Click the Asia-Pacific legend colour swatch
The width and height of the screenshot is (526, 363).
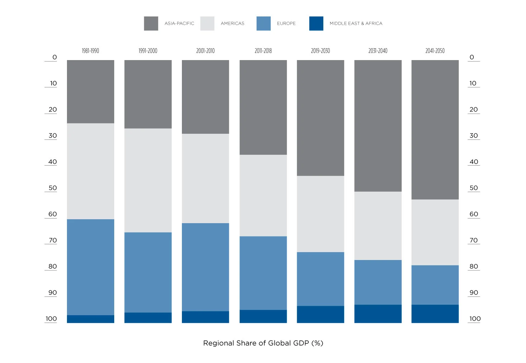[x=151, y=24]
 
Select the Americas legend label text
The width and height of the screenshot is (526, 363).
[x=232, y=24]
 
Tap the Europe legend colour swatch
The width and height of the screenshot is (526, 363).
[x=264, y=24]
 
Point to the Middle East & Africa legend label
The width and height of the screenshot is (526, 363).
[x=356, y=24]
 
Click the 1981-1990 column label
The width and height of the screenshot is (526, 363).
[x=90, y=51]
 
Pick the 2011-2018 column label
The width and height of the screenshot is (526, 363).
[x=263, y=51]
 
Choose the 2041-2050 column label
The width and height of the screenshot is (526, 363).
[x=435, y=51]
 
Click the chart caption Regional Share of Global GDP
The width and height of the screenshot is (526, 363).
[x=263, y=343]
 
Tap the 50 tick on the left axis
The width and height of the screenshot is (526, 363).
[x=53, y=188]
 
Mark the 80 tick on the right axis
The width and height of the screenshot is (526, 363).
[x=474, y=266]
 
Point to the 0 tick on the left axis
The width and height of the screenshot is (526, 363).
[x=54, y=57]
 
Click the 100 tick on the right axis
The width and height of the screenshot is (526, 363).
[x=475, y=319]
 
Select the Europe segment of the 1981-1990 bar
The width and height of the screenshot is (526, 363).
[x=90, y=267]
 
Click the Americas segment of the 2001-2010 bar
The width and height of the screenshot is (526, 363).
[x=206, y=178]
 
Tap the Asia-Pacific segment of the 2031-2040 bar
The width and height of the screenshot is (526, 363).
[x=378, y=126]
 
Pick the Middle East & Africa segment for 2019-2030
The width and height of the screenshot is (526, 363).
[x=320, y=314]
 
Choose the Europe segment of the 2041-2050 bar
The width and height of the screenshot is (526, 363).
[x=435, y=285]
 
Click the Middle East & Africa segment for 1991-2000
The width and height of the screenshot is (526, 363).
[x=148, y=318]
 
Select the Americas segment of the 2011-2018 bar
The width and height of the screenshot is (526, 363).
[x=263, y=196]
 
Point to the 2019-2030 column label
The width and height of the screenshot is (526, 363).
[x=320, y=51]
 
